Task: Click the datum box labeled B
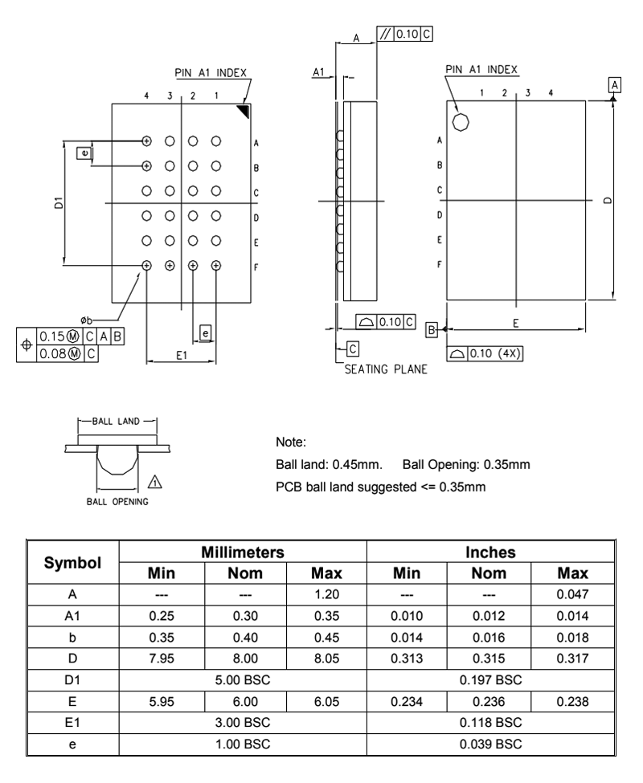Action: (432, 329)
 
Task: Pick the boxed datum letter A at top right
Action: (615, 84)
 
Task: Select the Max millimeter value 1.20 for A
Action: (326, 595)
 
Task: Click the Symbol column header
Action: (72, 563)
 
